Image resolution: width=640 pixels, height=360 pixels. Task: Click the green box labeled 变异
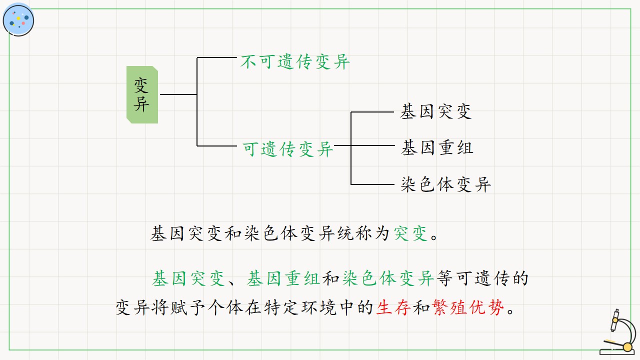pyautogui.click(x=142, y=95)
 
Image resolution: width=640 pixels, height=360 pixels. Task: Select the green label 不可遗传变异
pyautogui.click(x=295, y=61)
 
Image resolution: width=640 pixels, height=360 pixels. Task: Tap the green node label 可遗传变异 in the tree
pyautogui.click(x=287, y=149)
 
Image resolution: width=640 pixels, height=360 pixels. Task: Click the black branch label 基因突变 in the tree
pyautogui.click(x=435, y=111)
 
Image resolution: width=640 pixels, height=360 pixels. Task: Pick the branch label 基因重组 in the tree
pyautogui.click(x=437, y=147)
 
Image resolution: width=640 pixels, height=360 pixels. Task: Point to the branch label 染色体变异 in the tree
pyautogui.click(x=445, y=184)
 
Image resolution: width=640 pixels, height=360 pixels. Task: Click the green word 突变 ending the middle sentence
pyautogui.click(x=410, y=233)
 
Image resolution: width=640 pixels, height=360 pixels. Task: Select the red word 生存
pyautogui.click(x=393, y=307)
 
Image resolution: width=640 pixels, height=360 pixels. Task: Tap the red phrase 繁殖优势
pyautogui.click(x=468, y=307)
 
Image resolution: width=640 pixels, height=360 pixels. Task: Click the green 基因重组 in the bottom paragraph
pyautogui.click(x=283, y=278)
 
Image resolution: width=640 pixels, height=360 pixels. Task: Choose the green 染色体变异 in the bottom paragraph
pyautogui.click(x=388, y=278)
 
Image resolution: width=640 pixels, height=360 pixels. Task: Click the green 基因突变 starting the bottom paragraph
pyautogui.click(x=188, y=278)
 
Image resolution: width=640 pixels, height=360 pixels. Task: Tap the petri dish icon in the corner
pyautogui.click(x=18, y=20)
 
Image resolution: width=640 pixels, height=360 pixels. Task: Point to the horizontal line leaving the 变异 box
pyautogui.click(x=178, y=94)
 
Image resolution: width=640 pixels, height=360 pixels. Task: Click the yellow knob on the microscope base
pyautogui.click(x=627, y=347)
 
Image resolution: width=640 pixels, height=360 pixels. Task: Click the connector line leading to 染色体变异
pyautogui.click(x=372, y=184)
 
